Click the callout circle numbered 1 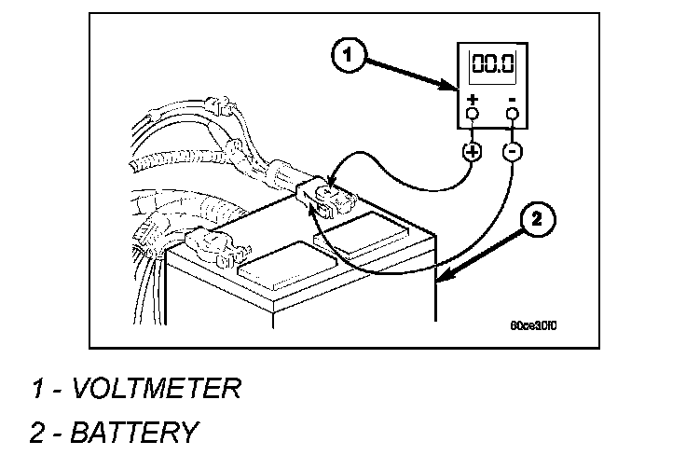click(347, 56)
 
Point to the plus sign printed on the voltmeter click(472, 99)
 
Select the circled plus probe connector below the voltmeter click(472, 151)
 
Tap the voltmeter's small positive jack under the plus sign click(472, 115)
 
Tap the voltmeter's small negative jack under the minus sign click(512, 115)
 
